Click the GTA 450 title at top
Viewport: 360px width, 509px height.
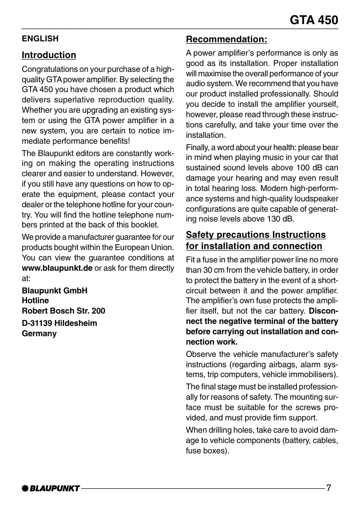[314, 20]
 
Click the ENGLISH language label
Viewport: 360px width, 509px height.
[40, 38]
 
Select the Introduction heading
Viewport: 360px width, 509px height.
[49, 55]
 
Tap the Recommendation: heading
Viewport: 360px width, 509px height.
[227, 39]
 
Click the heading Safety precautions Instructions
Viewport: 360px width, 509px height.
[256, 235]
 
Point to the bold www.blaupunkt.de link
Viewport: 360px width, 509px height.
[57, 268]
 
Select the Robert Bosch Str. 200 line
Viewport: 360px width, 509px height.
[63, 311]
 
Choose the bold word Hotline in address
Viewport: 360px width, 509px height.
[35, 300]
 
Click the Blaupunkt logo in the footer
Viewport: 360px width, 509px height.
[51, 488]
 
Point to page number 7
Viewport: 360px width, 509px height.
[329, 488]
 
